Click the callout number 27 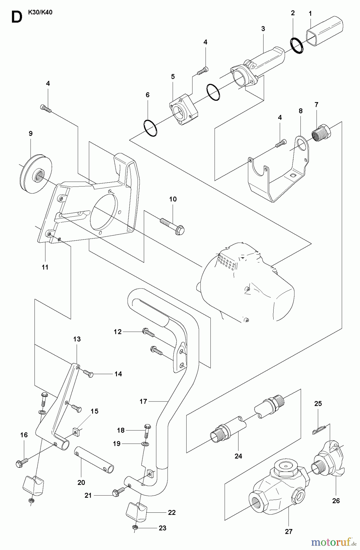[289, 531]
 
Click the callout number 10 [173, 199]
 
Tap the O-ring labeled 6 [150, 128]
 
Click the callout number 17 [143, 402]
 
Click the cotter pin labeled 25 [318, 430]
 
